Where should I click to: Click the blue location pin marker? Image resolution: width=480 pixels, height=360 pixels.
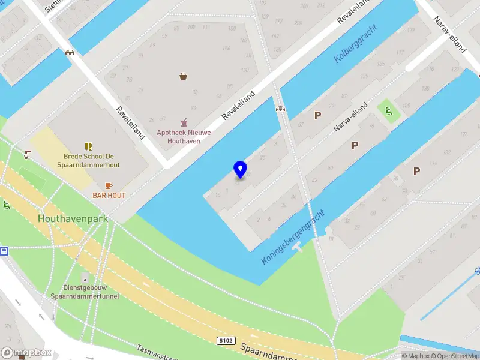240,169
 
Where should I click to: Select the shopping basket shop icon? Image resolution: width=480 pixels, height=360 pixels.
183,76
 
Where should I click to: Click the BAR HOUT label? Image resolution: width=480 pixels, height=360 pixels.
109,196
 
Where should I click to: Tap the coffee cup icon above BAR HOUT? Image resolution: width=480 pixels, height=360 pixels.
109,185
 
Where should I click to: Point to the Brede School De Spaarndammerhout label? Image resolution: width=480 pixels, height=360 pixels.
89,160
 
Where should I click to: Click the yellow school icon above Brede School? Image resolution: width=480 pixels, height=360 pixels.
89,146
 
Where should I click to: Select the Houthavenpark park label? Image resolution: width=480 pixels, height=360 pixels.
73,219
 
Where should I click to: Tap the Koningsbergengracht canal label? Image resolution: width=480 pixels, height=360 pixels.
293,238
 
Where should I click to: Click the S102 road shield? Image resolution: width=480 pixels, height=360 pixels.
225,341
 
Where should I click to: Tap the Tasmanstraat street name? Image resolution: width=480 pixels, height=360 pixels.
157,353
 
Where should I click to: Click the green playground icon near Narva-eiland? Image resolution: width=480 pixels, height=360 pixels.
388,110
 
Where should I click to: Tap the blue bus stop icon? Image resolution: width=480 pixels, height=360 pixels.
4,251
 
